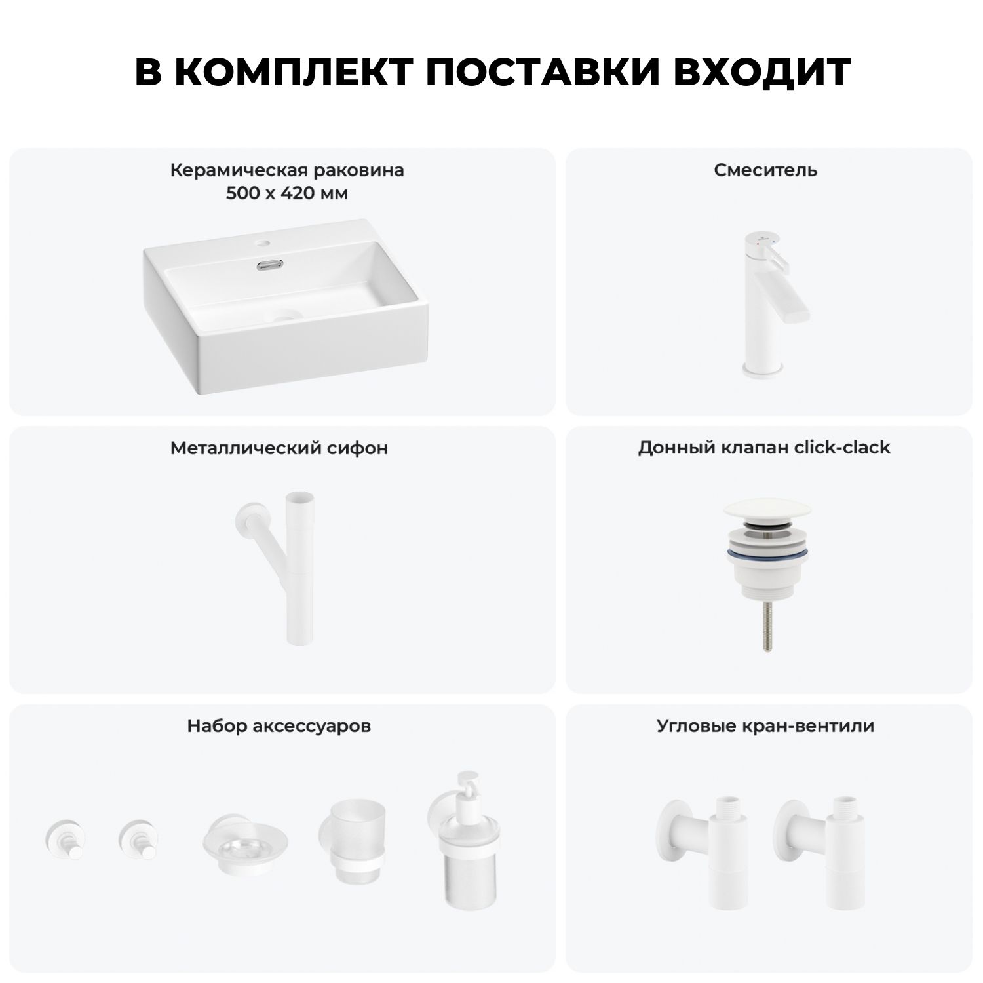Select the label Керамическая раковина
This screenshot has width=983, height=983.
pos(287,170)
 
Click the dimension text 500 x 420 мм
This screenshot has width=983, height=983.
pos(287,193)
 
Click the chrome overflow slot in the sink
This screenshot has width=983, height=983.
pos(269,265)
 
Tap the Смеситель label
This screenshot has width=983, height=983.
pos(765,170)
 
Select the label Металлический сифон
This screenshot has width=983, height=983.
pos(279,448)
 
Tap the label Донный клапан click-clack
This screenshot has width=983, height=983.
pos(764,448)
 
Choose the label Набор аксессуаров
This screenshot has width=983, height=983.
pos(279,726)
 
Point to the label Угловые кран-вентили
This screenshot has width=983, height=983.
pos(765,726)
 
